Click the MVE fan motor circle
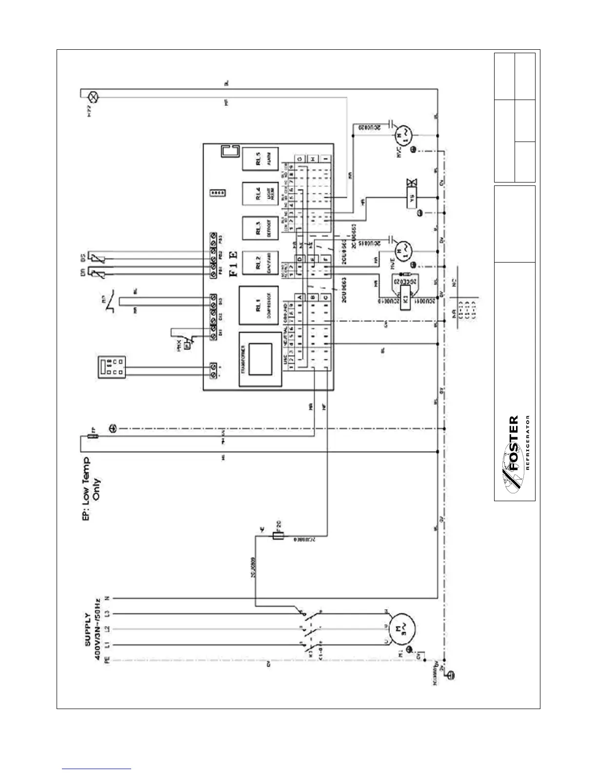click(403, 249)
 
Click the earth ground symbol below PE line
click(452, 675)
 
